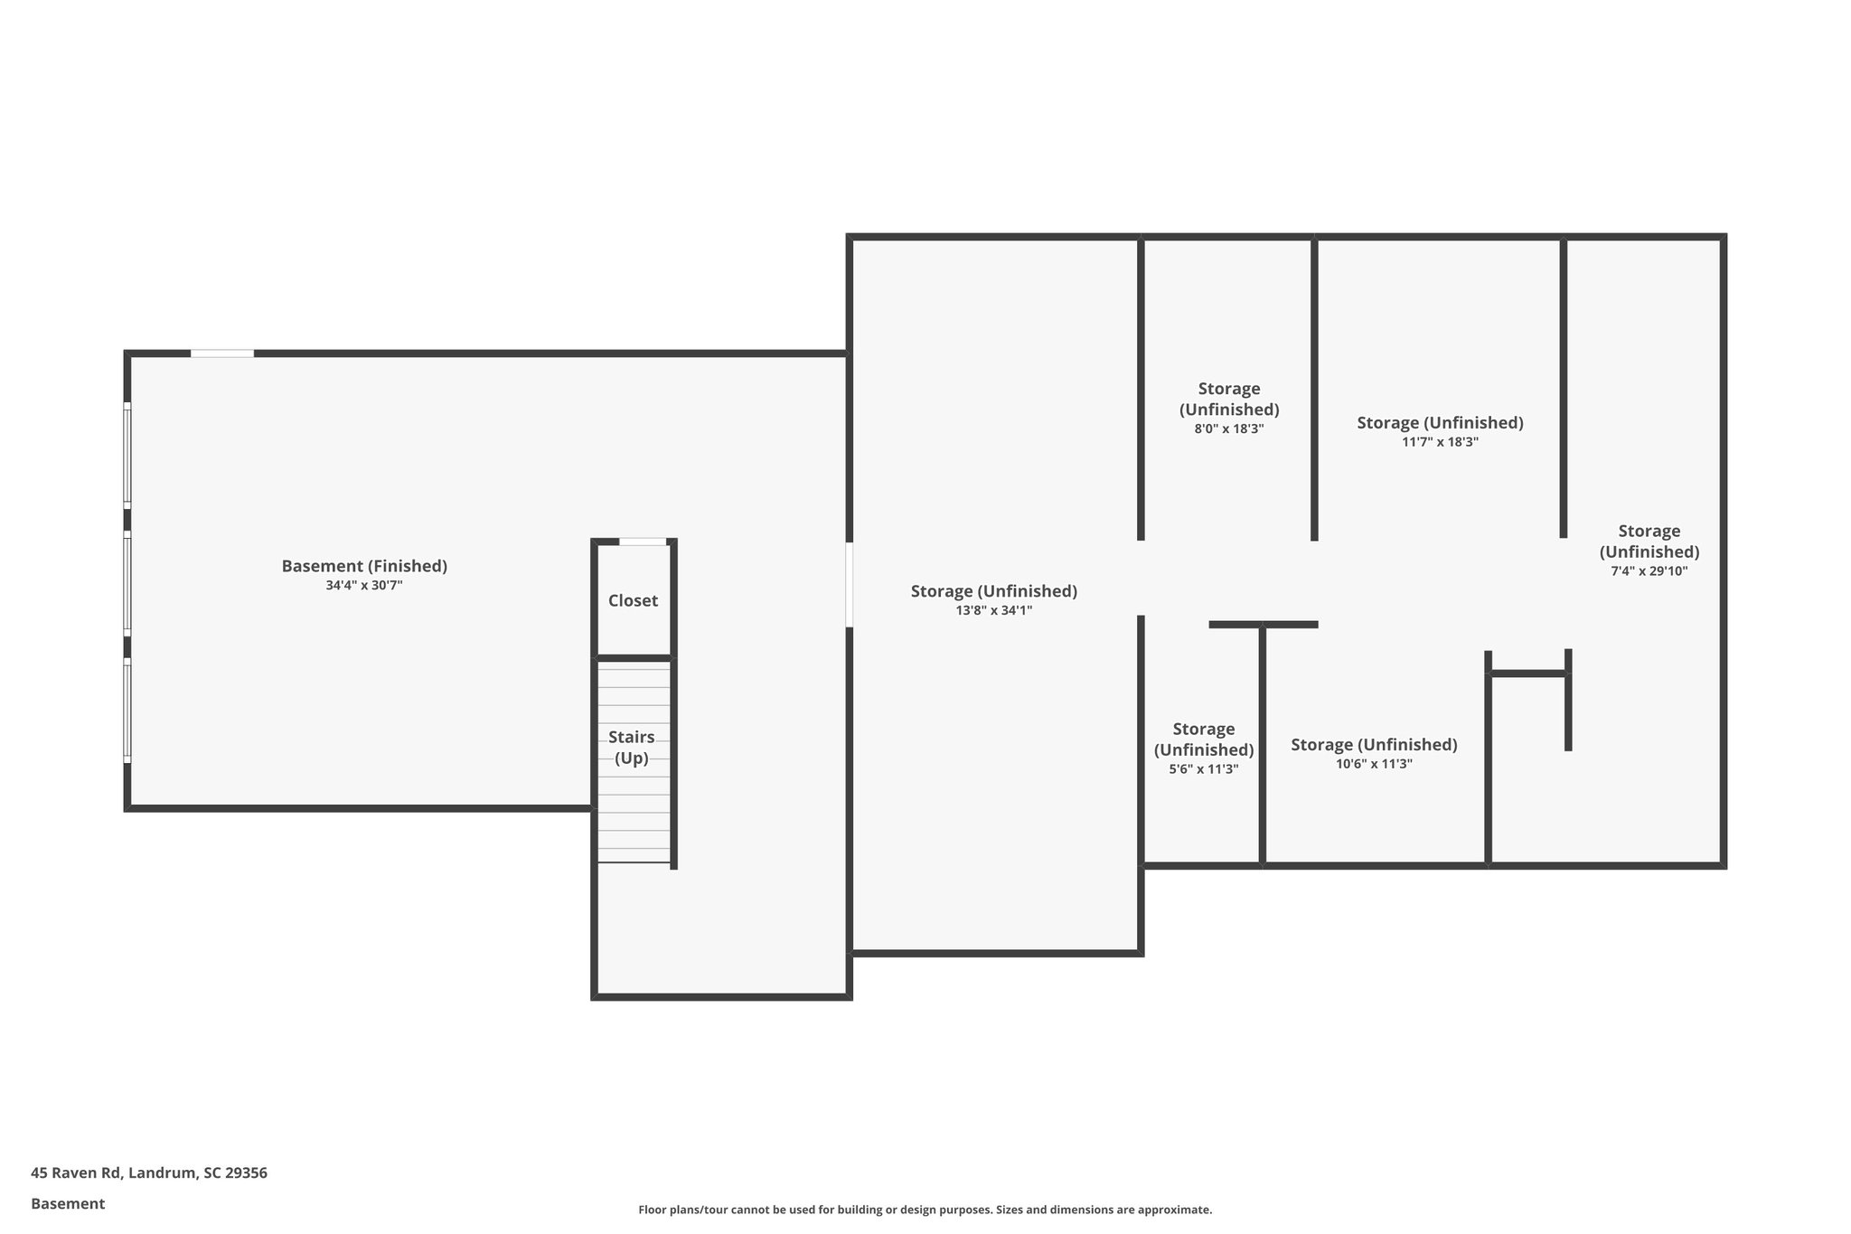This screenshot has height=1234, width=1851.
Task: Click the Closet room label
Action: click(x=633, y=600)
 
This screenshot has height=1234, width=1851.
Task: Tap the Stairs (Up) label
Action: click(x=632, y=748)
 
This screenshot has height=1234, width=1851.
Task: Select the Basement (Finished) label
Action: click(x=364, y=566)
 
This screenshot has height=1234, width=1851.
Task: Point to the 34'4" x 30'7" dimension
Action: click(x=364, y=586)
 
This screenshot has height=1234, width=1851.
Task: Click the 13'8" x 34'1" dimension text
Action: click(x=993, y=611)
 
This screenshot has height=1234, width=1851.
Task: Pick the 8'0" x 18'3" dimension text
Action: click(x=1228, y=429)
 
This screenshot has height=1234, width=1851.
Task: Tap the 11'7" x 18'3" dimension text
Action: click(x=1440, y=442)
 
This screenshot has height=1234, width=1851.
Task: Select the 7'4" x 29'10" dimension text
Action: click(x=1649, y=571)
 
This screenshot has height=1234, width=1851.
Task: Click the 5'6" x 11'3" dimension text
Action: click(x=1203, y=769)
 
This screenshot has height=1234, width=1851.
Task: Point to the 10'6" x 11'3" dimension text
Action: click(x=1374, y=764)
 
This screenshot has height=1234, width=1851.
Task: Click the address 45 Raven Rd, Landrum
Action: click(x=149, y=1173)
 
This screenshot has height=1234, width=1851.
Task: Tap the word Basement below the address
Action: click(x=68, y=1204)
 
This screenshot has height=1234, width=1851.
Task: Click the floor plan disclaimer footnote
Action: click(x=925, y=1210)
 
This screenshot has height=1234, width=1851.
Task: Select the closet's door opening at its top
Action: click(x=643, y=542)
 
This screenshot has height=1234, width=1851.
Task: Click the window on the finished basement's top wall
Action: click(x=222, y=353)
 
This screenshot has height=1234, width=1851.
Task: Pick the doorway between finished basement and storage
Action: click(x=849, y=584)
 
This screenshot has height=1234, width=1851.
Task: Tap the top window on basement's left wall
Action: click(x=127, y=456)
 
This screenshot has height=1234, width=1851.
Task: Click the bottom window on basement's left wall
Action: click(x=127, y=711)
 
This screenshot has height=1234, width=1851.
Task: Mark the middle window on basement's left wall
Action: click(x=127, y=583)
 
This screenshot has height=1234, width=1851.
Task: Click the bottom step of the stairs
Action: click(x=634, y=855)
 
